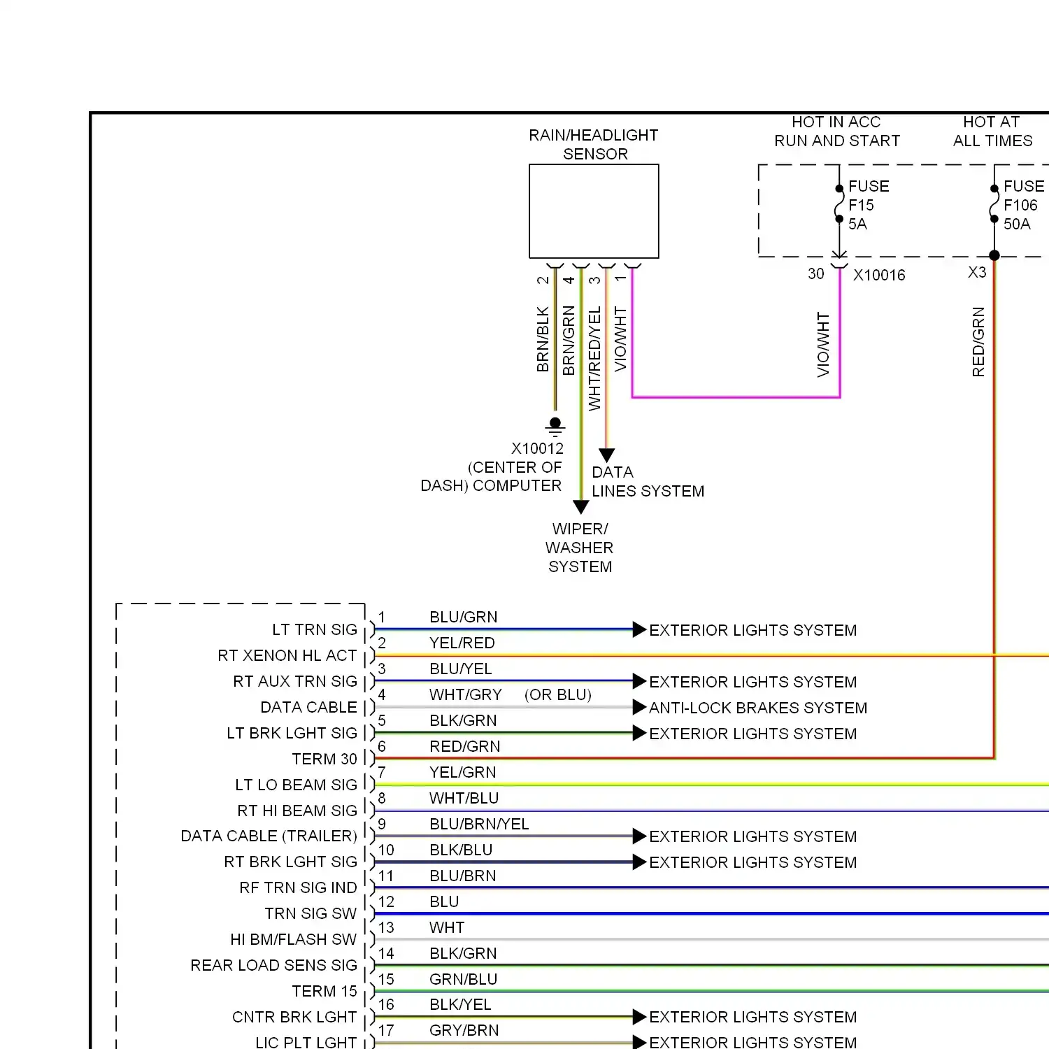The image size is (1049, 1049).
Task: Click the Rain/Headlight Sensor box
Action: (x=594, y=211)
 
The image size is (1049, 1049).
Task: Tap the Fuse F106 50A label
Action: (x=1023, y=205)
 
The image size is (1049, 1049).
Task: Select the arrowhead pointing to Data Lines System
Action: (x=607, y=455)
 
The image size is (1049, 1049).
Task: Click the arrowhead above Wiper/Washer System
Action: (x=580, y=507)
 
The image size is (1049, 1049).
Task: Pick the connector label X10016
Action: (x=879, y=275)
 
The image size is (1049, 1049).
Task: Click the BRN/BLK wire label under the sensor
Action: (x=543, y=339)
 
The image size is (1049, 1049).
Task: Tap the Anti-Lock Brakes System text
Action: (x=758, y=708)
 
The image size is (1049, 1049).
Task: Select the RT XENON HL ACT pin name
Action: (x=287, y=655)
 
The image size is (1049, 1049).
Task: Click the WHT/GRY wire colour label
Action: (x=466, y=694)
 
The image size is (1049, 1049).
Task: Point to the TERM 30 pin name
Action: (x=324, y=759)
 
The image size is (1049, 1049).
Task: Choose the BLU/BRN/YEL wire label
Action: (x=479, y=824)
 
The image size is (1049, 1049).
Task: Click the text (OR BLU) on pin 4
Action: (x=558, y=694)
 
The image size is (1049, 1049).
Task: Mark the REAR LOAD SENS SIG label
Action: (x=273, y=965)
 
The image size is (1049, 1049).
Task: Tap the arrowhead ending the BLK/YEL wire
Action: (x=639, y=1016)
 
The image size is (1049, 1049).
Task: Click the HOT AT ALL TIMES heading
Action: (x=992, y=131)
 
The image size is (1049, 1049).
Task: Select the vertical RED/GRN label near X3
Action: (x=978, y=342)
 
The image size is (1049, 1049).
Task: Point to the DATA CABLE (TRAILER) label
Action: (x=269, y=836)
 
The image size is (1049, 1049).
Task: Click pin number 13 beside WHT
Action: (x=386, y=927)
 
